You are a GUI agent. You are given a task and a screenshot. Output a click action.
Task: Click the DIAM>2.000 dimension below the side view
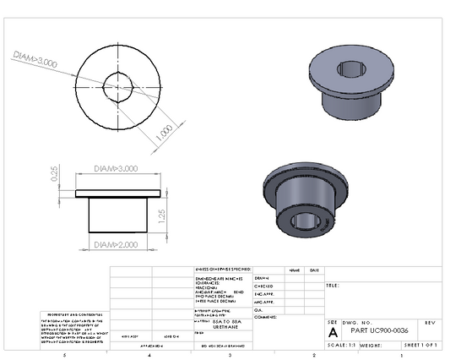pyautogui.click(x=116, y=244)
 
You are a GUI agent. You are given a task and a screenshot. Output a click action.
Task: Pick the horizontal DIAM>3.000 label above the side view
pyautogui.click(x=116, y=168)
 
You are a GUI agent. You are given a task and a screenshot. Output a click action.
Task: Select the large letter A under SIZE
pyautogui.click(x=333, y=332)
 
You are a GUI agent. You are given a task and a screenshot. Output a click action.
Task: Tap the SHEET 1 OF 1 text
pyautogui.click(x=423, y=346)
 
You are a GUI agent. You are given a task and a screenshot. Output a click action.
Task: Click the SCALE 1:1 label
pyautogui.click(x=341, y=346)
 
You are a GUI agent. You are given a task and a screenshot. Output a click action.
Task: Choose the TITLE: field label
pyautogui.click(x=333, y=286)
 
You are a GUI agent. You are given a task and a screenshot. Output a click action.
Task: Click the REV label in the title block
pyautogui.click(x=430, y=323)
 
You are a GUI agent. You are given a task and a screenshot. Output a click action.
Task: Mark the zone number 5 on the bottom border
pyautogui.click(x=64, y=355)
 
